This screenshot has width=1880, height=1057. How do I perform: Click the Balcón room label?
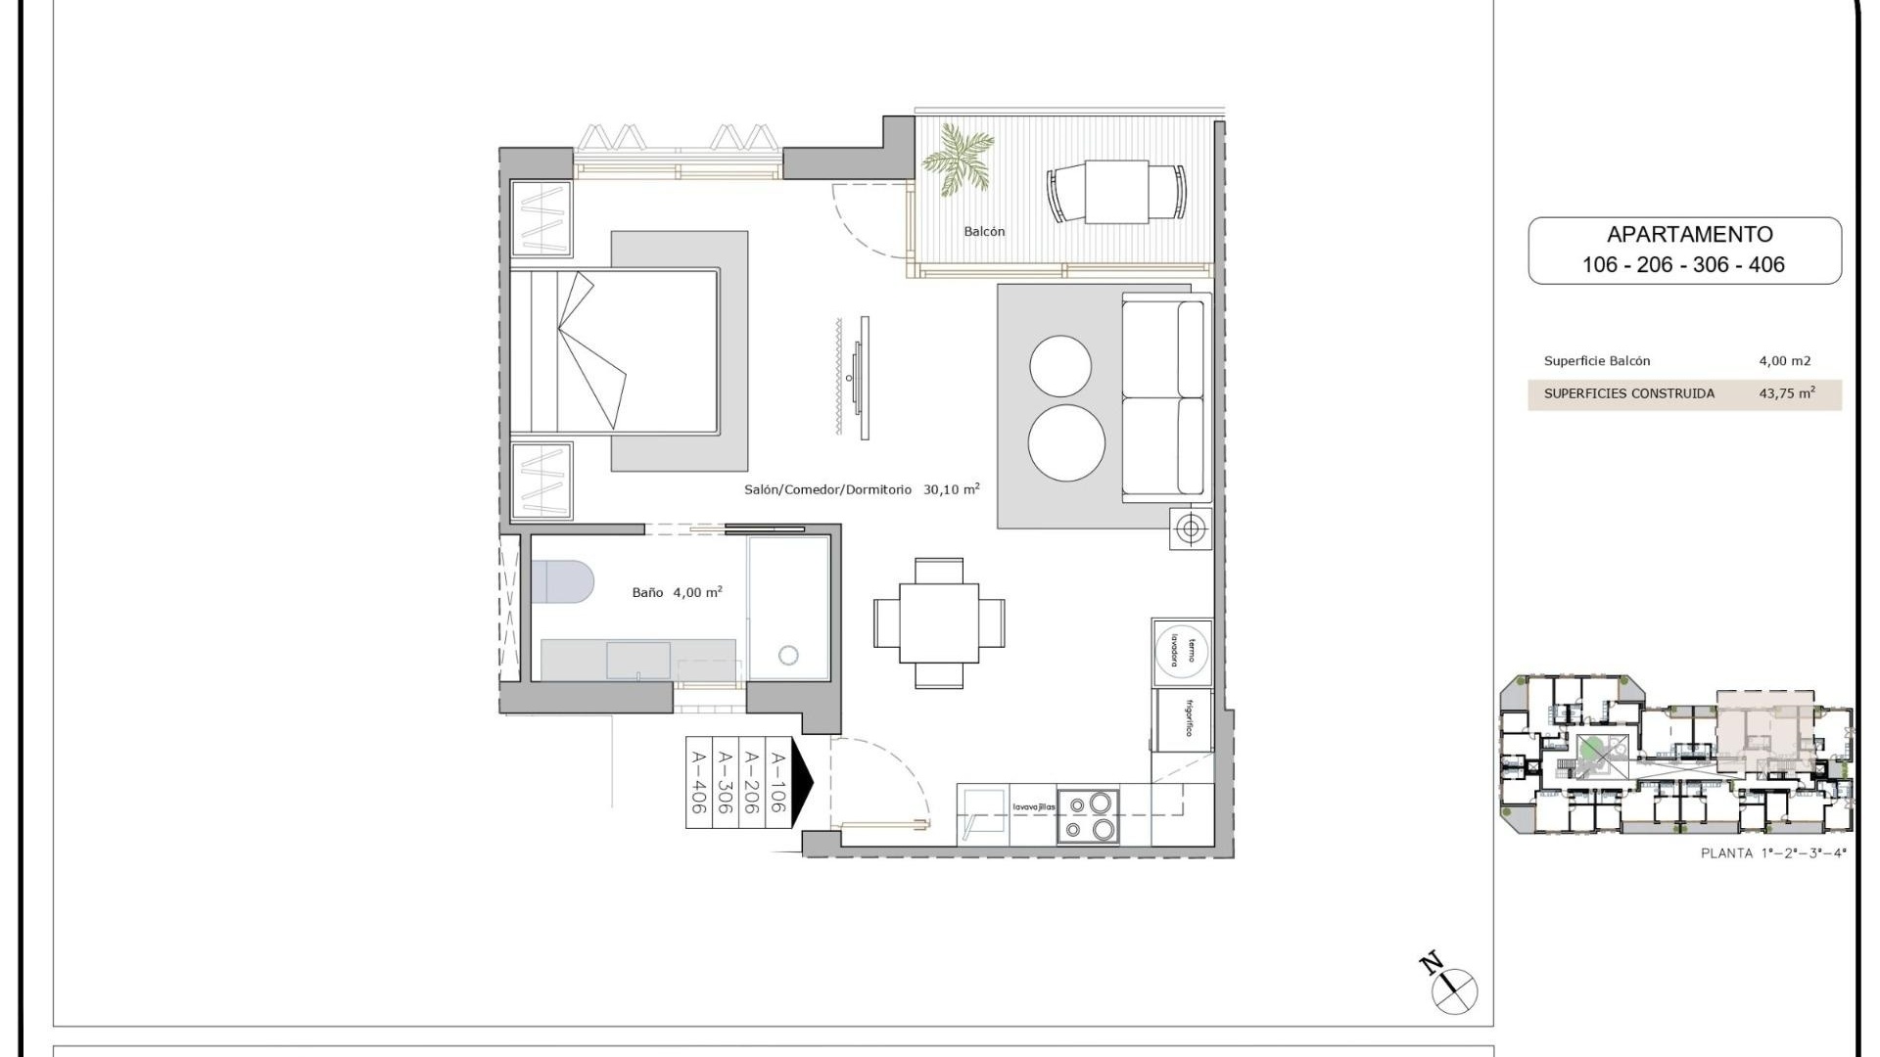pos(984,232)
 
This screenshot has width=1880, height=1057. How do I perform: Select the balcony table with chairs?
pos(1116,192)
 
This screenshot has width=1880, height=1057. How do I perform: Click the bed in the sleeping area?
pos(615,350)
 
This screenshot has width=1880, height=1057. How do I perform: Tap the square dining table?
pos(938,623)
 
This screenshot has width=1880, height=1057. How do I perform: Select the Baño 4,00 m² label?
pos(677,592)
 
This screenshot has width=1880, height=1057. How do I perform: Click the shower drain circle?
pos(788,655)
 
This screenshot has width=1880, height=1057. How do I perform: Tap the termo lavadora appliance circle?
pos(1182,649)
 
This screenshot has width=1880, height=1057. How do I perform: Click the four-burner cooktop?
pos(1089,816)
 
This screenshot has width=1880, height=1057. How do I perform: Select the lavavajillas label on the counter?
pos(1033,807)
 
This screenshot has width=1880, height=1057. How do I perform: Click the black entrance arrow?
pos(802,782)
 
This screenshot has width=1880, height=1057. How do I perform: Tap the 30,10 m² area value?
pos(951,489)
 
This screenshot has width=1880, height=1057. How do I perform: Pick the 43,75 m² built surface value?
pos(1786,393)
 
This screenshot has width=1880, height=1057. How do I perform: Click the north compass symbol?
pos(1453,990)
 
